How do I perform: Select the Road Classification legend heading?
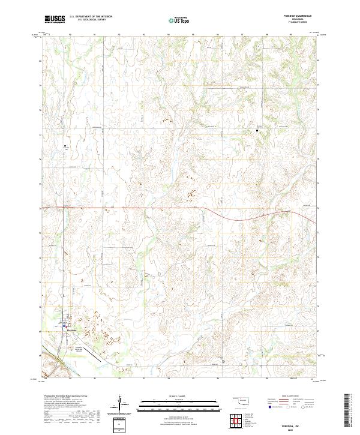tap(290, 397)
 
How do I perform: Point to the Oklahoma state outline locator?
tap(240, 400)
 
